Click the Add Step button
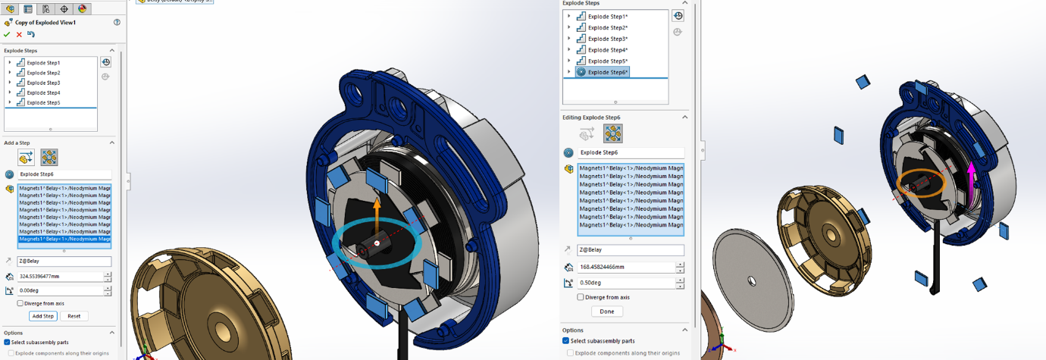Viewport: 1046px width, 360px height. tap(43, 316)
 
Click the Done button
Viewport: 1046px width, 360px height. tap(606, 311)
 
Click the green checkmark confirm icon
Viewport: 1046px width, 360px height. tap(8, 34)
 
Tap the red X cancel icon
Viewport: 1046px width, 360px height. tap(19, 34)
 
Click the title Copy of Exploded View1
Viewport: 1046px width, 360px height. tap(45, 23)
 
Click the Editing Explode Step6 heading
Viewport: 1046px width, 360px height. tap(591, 117)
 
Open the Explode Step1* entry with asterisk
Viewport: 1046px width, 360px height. tap(607, 17)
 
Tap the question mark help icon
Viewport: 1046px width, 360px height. tap(117, 23)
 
